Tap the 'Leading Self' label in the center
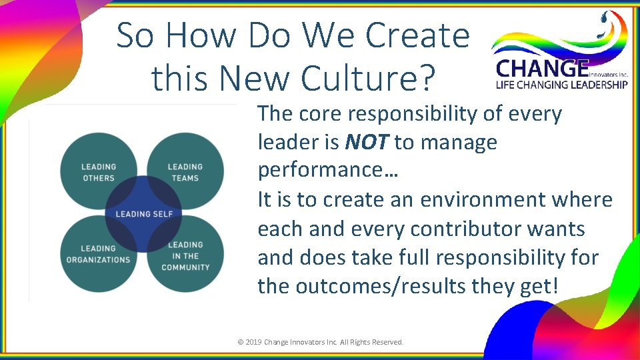pos(144,214)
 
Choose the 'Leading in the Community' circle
pos(186,256)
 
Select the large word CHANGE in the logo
pos(542,68)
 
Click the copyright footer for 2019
pos(320,342)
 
